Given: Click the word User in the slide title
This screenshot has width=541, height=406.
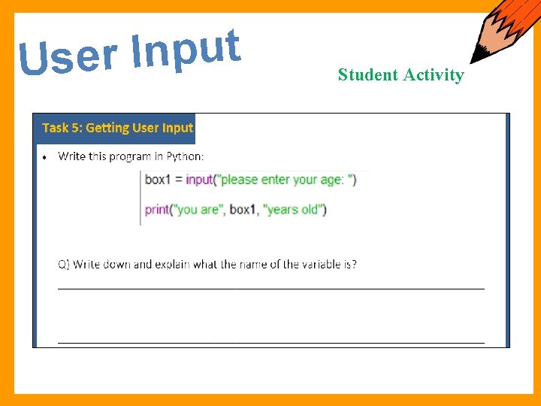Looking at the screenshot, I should pos(68,57).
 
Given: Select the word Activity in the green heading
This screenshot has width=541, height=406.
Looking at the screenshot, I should pos(434,74).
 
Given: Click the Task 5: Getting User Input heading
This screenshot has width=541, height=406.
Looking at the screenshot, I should pos(117,128).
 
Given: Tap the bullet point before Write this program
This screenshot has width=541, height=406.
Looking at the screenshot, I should pos(47,158).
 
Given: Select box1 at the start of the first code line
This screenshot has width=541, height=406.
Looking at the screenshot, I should pos(158,180).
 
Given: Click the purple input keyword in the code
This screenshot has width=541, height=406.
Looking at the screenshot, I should pos(199,180).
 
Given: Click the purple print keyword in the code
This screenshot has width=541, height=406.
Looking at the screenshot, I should pos(157,210).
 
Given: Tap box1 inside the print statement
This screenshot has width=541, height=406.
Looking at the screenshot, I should pos(243,210).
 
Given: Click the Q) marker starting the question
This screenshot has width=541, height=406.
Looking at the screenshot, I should pos(64,265).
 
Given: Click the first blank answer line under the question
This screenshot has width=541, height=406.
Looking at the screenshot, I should pos(270,287).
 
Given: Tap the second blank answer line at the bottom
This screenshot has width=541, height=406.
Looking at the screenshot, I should pos(270,342).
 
